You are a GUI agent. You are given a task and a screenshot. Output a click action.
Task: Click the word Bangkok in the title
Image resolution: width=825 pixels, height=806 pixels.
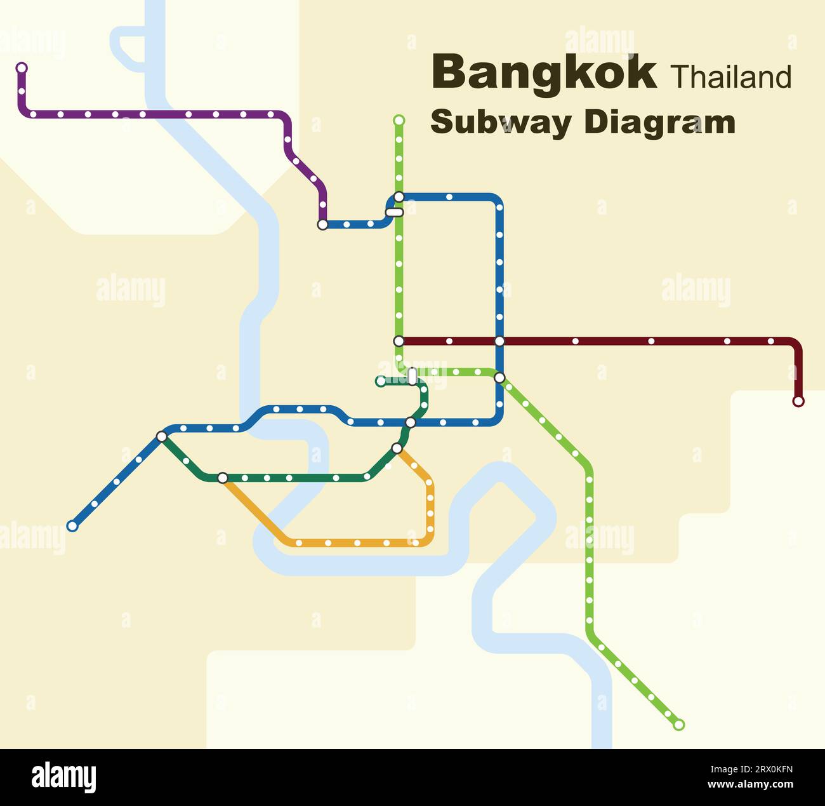[x=544, y=74]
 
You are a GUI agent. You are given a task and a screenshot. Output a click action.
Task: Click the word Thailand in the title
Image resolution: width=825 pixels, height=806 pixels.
[x=730, y=77]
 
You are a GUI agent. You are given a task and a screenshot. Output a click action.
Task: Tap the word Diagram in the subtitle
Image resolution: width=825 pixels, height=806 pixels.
[x=659, y=122]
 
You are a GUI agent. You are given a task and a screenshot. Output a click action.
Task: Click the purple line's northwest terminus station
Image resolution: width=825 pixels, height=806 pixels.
[x=22, y=67]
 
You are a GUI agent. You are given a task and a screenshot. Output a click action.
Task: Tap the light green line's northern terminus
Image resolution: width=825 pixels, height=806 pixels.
[x=399, y=120]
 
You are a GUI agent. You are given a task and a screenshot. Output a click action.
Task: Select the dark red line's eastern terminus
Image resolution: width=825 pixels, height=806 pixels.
[x=798, y=401]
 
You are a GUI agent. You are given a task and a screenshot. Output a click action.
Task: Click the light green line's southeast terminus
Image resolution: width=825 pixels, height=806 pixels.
[x=679, y=725]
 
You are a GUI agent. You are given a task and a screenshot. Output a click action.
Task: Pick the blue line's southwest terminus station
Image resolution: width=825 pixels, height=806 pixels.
[x=72, y=526]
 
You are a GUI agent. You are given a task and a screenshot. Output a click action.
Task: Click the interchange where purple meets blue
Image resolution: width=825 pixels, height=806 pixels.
[x=322, y=224]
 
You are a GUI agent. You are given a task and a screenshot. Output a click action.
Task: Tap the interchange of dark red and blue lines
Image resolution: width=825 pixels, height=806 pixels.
[x=499, y=341]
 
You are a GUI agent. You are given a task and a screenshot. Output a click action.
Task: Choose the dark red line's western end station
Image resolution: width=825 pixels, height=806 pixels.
[x=399, y=341]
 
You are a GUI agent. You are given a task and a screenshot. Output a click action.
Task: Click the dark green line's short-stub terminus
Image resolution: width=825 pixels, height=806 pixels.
[x=380, y=382]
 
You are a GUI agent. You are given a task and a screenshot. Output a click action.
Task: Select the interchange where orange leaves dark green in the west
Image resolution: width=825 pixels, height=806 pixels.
[x=222, y=478]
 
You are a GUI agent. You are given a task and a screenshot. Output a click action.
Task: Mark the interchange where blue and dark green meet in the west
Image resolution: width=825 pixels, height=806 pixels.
[x=162, y=436]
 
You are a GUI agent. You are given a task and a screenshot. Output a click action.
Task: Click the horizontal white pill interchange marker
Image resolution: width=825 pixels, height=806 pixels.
[x=395, y=212]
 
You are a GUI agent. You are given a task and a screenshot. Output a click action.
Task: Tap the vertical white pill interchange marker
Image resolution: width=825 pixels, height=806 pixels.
[x=412, y=377]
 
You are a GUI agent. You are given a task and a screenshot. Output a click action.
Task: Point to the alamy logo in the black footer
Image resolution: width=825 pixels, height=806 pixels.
[x=64, y=777]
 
